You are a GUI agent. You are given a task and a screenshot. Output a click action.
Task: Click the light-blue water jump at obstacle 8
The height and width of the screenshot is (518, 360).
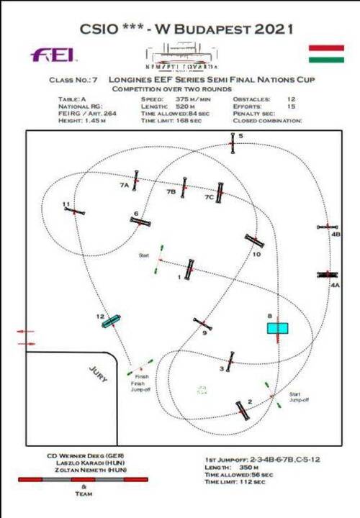coord(278,328)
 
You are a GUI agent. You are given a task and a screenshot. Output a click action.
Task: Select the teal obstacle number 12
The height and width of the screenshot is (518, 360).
coord(112,321)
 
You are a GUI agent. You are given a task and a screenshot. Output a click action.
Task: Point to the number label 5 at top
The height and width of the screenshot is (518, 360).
coord(241,135)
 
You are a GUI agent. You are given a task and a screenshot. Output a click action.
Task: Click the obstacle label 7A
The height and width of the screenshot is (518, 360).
coord(124,185)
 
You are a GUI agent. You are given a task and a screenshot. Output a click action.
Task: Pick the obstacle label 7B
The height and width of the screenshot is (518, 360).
coord(171,192)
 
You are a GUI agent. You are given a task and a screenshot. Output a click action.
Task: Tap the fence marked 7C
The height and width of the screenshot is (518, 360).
coord(220,191)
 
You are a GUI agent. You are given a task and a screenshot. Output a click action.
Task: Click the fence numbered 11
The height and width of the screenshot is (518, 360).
coord(75,212)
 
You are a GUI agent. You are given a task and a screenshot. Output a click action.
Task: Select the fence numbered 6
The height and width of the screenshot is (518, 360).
coord(140,221)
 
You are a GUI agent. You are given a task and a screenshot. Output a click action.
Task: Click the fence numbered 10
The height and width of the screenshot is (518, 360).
coord(253,241)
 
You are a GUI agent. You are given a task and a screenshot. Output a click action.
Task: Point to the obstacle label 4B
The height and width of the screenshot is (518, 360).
coord(336,235)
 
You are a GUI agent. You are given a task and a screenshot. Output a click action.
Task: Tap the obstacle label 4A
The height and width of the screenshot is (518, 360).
coord(334,285)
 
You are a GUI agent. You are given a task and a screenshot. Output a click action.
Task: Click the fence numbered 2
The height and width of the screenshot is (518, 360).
coord(243,410)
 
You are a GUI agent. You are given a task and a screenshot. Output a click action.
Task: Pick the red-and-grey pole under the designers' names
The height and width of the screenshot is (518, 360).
coord(83,479)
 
